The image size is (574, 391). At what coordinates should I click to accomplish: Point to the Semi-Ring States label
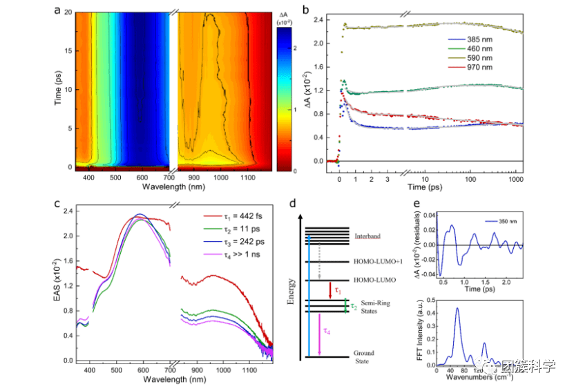(373, 308)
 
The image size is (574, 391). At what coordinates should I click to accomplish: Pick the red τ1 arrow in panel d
(329, 288)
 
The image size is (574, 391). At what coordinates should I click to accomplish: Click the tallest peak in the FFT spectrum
(457, 309)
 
